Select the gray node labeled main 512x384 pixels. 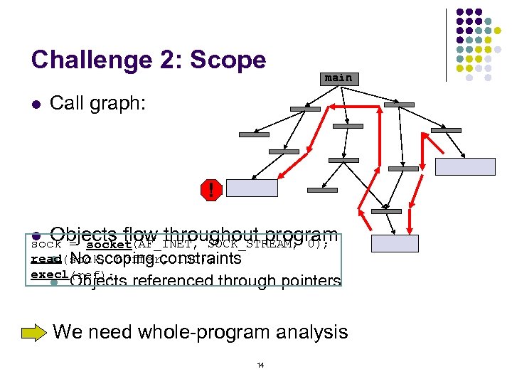coord(338,78)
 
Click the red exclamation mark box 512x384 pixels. coord(210,190)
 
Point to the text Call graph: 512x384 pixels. coord(97,105)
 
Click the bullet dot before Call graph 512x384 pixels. coord(35,105)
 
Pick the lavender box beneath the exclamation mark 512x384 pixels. coord(252,188)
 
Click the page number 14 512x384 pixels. coord(260,366)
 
